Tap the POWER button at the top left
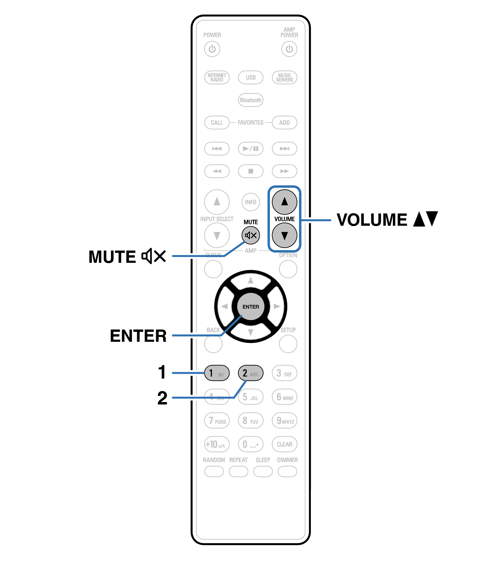pos(212,49)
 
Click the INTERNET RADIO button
pos(217,77)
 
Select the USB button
pos(251,77)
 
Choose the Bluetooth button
pos(251,100)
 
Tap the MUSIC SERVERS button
pos(284,77)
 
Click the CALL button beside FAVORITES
pos(217,123)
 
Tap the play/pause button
pos(251,149)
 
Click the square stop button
pos(251,171)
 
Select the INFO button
pos(251,202)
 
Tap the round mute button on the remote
pos(251,235)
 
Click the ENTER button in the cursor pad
pos(251,307)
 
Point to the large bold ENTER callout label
pos(138,336)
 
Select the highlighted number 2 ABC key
pos(251,373)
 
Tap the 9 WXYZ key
pos(284,420)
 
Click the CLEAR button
pos(284,444)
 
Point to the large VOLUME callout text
pos(372,219)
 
